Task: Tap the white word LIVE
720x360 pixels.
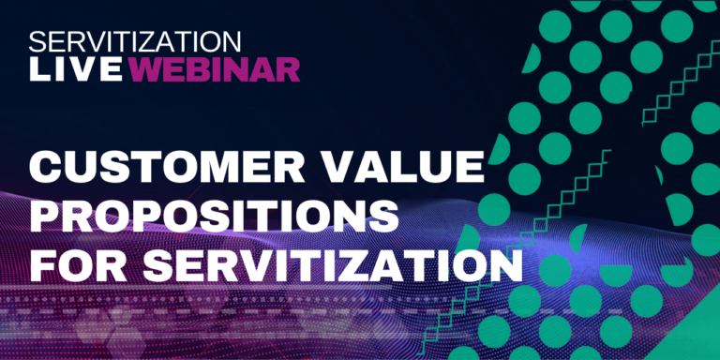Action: tap(76, 69)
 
